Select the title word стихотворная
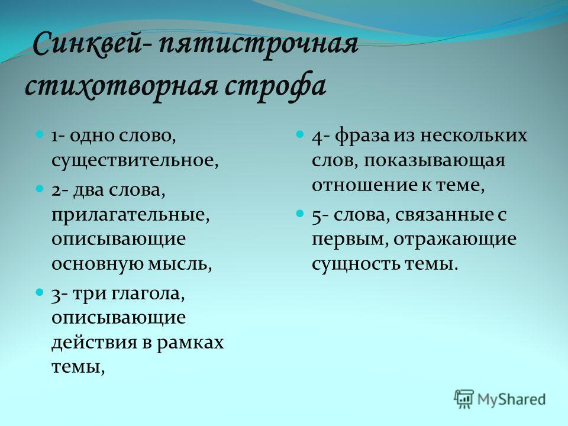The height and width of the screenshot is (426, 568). pos(121,86)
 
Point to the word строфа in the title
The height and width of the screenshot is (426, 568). pos(275,87)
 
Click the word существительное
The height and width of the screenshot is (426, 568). pos(135,161)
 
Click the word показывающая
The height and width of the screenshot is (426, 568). pos(434,161)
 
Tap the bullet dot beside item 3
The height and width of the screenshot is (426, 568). pos(40,292)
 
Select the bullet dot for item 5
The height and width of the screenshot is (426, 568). pos(300,214)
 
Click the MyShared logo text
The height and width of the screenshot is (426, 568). pos(511,399)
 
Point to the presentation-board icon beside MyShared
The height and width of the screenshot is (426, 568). pos(464,399)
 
